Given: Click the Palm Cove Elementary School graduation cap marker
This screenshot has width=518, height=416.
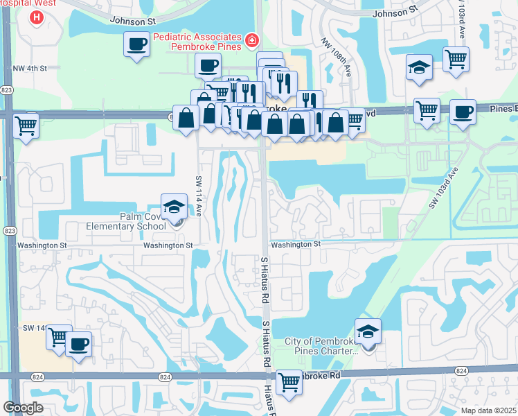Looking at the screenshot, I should pos(173,207).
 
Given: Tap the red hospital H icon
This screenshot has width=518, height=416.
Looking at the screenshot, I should pos(35,16).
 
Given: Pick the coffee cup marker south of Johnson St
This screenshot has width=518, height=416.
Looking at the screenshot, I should pos(136,46).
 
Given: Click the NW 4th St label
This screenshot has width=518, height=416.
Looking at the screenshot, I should pos(29,68).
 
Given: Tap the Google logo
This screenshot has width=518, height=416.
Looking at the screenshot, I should pos(22,407).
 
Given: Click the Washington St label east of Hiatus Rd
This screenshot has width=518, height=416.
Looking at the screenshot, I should pos(296,244).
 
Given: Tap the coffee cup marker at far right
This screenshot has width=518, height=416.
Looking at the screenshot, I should pos(463,112).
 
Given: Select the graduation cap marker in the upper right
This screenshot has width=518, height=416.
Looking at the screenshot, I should pos(419,68).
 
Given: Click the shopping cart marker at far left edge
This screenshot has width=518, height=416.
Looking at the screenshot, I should pos(26,127).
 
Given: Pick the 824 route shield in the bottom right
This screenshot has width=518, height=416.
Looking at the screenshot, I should pos(461,371).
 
